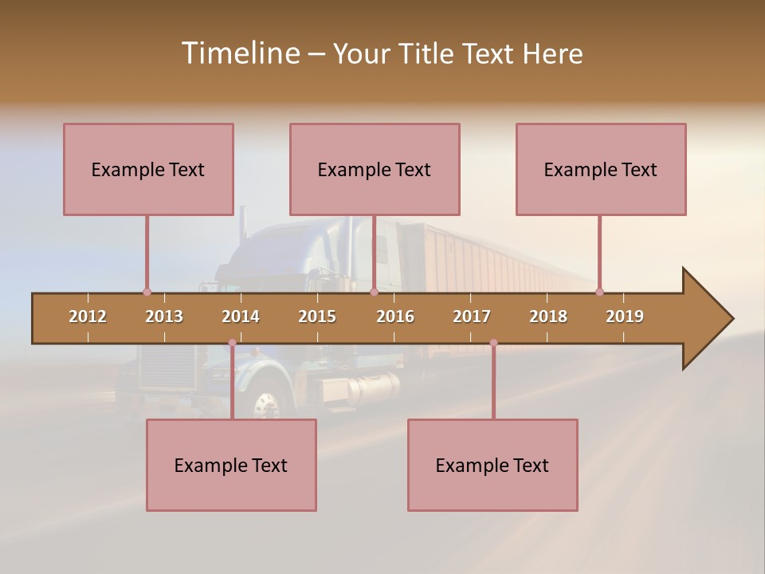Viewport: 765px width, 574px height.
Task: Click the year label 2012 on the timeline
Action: coord(88,316)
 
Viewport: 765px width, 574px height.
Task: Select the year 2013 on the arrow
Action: coord(164,316)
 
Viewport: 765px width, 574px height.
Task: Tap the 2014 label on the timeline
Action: coord(241,316)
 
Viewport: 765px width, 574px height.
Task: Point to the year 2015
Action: coord(317,316)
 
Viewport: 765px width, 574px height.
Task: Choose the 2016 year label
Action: coord(395,316)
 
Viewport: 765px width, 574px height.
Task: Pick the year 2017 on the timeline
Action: coord(472,316)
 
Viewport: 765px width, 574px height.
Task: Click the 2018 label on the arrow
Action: coord(548,316)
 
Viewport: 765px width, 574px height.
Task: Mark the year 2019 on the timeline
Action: coord(625,316)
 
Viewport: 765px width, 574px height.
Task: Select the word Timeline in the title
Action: coord(239,53)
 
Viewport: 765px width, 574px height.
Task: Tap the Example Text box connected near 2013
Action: coord(148,169)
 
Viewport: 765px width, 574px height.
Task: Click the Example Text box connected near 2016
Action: coord(375,169)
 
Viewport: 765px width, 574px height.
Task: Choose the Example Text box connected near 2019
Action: coord(601,169)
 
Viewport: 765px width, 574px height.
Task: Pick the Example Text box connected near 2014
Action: coord(231,465)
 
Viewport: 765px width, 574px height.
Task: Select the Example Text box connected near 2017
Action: coord(492,465)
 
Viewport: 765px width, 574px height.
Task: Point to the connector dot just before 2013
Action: coord(147,292)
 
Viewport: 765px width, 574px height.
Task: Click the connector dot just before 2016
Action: coord(374,292)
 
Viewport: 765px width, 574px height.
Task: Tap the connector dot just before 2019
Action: coord(599,292)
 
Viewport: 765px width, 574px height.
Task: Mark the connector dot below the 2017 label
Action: coord(493,343)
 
